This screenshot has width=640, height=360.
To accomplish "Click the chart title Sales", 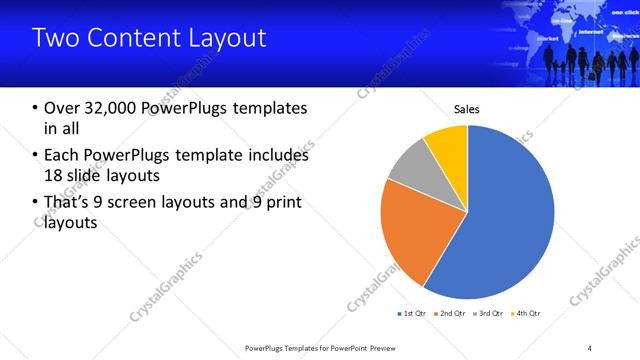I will pyautogui.click(x=467, y=109).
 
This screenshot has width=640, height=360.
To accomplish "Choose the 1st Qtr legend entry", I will pyautogui.click(x=413, y=314).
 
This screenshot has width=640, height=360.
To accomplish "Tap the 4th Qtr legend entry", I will pyautogui.click(x=527, y=314).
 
